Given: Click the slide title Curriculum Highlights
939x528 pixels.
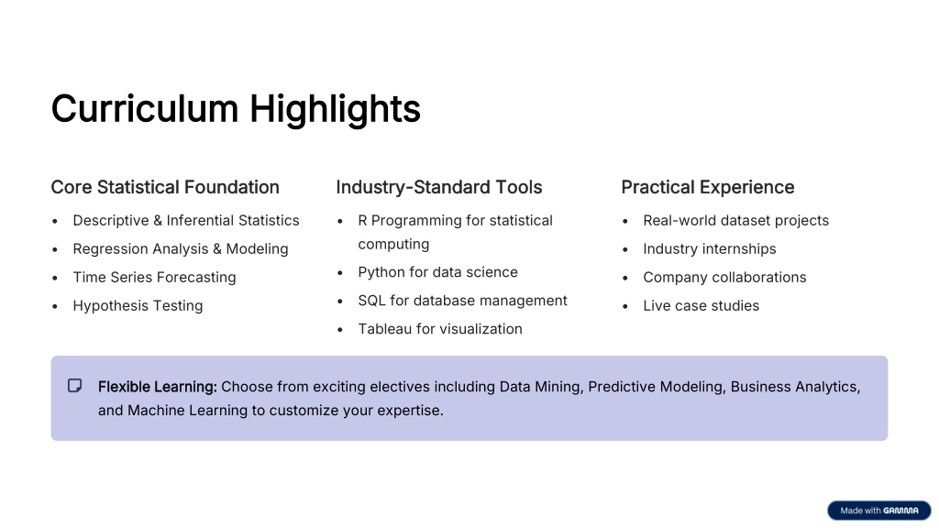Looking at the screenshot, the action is [236, 109].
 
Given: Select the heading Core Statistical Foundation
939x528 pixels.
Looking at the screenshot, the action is [165, 187].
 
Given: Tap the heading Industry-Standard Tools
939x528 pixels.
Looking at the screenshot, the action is [439, 187].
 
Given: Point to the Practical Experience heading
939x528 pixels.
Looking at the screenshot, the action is [708, 187].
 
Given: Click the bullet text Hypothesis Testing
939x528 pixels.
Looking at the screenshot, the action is [138, 306].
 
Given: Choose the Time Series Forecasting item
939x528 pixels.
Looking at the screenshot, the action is [154, 277].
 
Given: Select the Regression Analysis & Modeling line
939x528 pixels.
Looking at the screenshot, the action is [181, 249].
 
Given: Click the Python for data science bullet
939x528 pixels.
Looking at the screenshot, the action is [437, 272].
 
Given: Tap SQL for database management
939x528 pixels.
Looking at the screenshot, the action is [462, 301].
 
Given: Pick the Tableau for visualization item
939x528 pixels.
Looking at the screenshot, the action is [440, 329].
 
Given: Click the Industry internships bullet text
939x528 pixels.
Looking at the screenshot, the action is [710, 249].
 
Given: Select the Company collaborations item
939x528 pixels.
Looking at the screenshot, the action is [724, 277].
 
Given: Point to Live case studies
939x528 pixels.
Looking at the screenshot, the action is [701, 306].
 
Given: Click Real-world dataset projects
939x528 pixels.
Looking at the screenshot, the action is [736, 220].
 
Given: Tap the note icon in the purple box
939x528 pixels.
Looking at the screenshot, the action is [75, 386].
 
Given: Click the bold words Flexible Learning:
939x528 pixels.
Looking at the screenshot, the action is [158, 388].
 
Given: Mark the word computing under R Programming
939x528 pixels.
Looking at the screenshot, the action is [393, 244].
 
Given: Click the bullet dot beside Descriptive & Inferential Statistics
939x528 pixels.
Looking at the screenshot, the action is [55, 222].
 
